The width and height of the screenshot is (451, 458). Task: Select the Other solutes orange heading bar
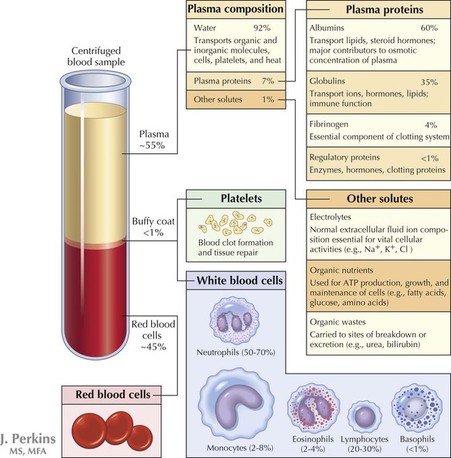click(372, 199)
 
